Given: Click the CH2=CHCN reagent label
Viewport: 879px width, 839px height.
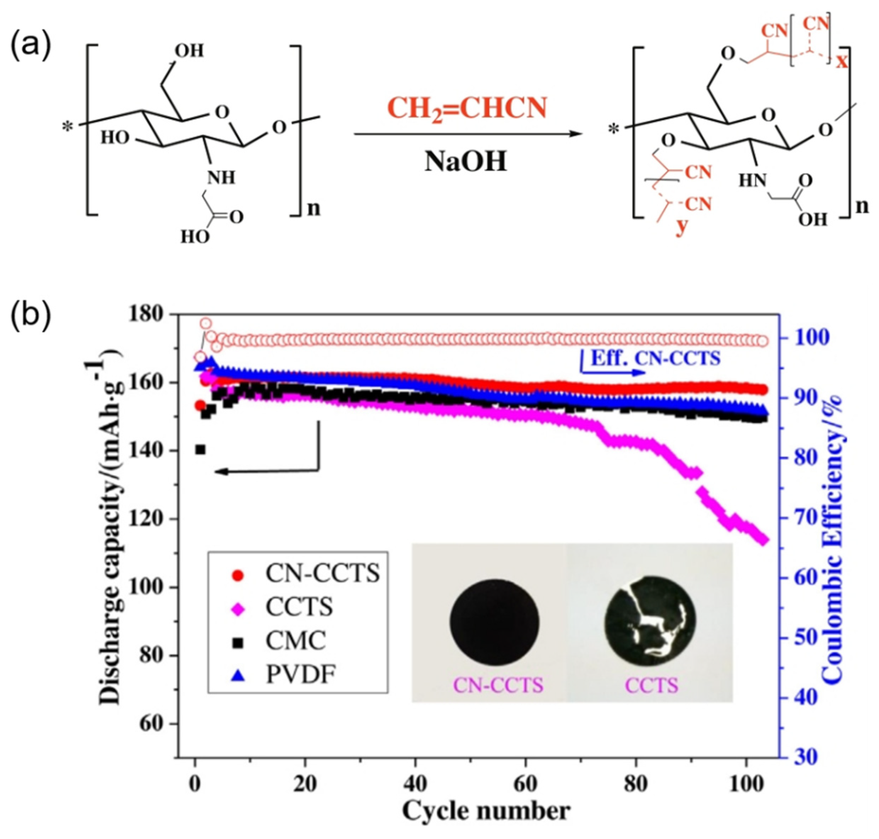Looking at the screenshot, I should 466,109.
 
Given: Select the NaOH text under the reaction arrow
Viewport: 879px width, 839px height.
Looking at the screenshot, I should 466,162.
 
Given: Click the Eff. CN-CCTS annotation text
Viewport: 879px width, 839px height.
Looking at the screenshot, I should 656,359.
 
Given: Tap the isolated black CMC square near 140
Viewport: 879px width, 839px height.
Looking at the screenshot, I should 200,450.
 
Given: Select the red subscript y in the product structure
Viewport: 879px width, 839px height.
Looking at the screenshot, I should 681,227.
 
